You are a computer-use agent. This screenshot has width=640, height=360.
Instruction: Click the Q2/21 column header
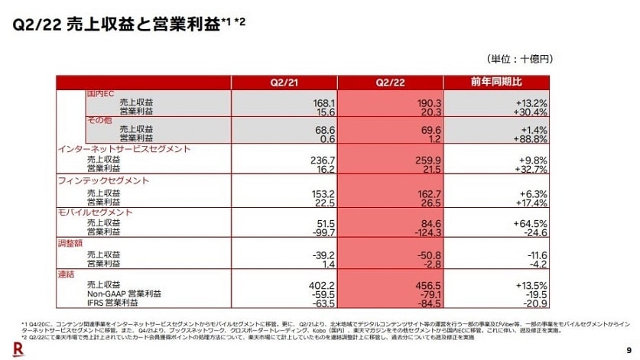284,83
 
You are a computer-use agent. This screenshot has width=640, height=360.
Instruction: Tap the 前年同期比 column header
497,83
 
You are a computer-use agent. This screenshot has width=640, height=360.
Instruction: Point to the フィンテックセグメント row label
103,181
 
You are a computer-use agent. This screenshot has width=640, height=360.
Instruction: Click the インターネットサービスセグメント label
124,149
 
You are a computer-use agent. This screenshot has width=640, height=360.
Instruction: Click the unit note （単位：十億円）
519,59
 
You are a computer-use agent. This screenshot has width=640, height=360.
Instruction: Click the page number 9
625,346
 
